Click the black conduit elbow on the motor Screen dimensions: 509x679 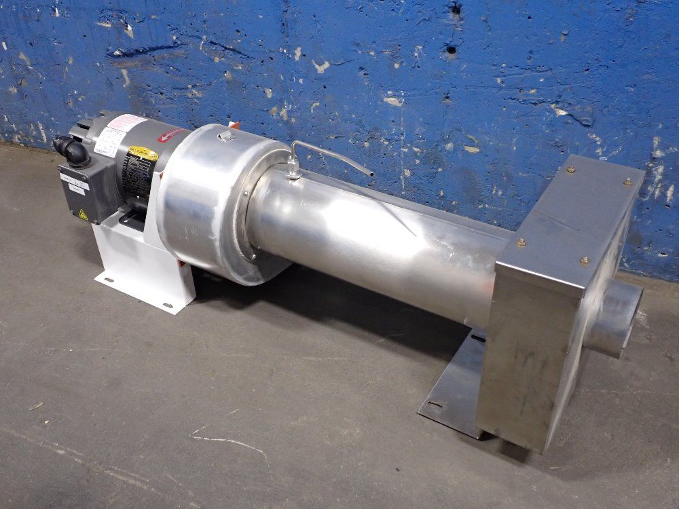coord(73,150)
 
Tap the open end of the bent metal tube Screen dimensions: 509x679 coord(371,174)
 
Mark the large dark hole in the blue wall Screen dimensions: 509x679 coord(451,48)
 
